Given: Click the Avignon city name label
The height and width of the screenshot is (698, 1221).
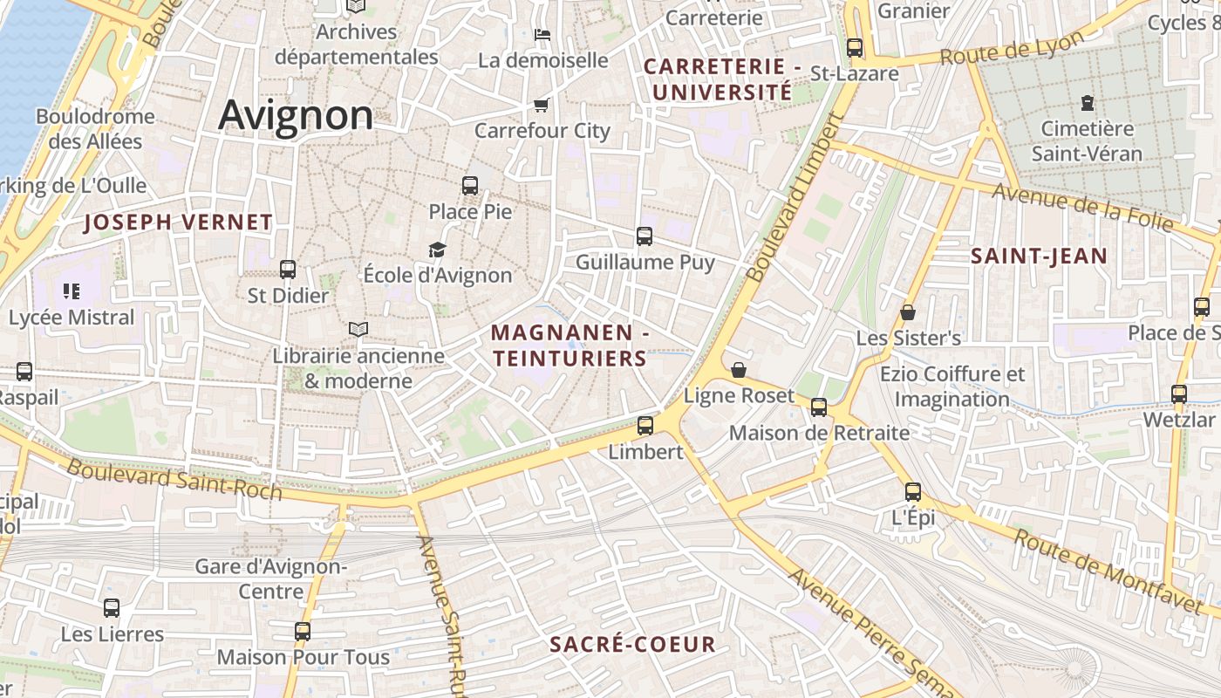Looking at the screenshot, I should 296,115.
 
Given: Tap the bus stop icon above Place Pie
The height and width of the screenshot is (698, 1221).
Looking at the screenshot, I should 470,185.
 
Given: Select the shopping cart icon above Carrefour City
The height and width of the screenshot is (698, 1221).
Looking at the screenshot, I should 541,106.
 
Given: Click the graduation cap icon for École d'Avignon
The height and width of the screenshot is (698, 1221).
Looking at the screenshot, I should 437,250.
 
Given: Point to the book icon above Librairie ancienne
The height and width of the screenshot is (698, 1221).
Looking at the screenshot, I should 358,329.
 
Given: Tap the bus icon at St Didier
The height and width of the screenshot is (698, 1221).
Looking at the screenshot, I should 288,270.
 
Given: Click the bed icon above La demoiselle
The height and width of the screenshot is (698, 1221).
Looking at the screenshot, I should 542,35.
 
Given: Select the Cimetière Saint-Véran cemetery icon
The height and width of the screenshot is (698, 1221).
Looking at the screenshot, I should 1087,103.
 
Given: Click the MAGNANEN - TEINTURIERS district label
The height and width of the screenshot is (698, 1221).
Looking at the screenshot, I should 570,346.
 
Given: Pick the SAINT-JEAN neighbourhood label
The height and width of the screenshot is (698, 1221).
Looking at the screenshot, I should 1039,257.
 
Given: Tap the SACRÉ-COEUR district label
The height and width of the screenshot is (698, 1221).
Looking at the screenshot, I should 632,645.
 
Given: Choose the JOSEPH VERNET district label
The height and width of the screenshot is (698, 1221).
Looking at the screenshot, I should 179,222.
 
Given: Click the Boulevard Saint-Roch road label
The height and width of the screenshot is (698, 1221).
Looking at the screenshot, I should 174,479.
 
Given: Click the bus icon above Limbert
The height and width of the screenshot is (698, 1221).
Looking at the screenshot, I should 645,426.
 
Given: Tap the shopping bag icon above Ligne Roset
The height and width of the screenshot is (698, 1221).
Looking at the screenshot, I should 739,370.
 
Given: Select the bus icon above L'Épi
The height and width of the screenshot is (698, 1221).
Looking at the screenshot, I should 912,492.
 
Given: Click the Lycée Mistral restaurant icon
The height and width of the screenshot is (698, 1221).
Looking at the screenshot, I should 72,291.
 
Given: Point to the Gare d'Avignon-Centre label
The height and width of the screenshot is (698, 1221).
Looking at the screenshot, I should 270,579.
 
